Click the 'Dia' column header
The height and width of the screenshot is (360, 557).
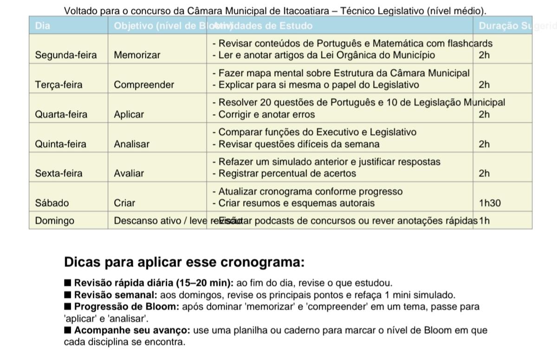coord(43,26)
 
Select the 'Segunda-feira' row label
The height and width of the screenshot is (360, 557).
coord(66,55)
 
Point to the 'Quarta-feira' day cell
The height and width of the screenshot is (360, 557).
coord(61,115)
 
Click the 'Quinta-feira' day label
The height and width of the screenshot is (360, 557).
coord(60,144)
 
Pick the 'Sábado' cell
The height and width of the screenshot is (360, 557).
coord(52,203)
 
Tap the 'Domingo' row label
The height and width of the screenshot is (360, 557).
coord(54,221)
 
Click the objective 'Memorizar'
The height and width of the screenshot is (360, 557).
coord(137,55)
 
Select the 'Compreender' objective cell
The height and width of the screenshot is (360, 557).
coord(144,85)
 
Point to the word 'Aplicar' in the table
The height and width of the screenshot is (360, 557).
coord(129,115)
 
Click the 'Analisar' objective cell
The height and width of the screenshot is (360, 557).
coord(132,144)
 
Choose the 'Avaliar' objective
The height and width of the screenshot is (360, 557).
coord(129,174)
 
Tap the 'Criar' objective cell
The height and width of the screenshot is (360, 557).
coord(124,203)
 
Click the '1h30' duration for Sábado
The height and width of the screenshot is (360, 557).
coord(490,203)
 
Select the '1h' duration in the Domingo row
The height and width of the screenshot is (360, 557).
coord(484,221)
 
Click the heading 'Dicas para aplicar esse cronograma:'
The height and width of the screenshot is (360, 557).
coord(184,262)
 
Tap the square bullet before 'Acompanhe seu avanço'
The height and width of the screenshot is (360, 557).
coord(68,330)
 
